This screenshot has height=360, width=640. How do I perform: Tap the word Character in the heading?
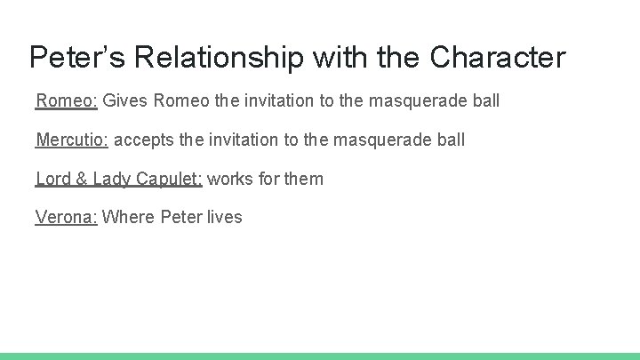(x=498, y=58)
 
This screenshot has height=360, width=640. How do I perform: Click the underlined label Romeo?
(x=67, y=100)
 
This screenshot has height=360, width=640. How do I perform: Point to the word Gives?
(x=125, y=100)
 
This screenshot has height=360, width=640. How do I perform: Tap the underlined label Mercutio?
(x=72, y=140)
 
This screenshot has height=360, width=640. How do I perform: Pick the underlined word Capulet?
(x=170, y=179)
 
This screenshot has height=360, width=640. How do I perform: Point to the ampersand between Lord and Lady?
(x=81, y=179)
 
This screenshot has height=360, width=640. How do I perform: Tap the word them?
(x=304, y=179)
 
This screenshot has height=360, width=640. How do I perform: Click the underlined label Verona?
(x=67, y=218)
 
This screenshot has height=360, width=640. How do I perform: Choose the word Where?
(x=129, y=218)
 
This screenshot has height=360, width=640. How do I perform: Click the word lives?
(x=224, y=218)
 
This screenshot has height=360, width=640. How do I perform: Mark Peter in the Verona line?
(x=180, y=218)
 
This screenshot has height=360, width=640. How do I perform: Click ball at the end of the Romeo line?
(x=485, y=100)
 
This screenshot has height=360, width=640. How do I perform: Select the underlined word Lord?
(x=53, y=179)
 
